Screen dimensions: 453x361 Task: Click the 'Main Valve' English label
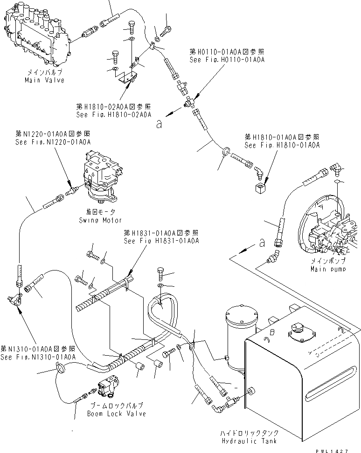tap(44, 80)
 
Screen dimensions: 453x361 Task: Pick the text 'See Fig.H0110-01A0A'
tap(221, 61)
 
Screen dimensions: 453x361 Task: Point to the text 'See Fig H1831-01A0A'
tap(161, 241)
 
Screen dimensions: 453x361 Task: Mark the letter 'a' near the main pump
tap(262, 243)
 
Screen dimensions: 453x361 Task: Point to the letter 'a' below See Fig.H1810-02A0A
tap(160, 124)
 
